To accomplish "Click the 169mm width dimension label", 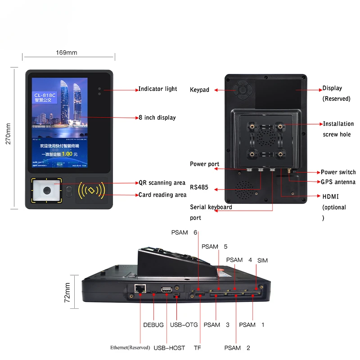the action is click(x=66, y=53).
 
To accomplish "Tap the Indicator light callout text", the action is click(x=157, y=89).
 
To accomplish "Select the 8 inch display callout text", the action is click(x=157, y=117).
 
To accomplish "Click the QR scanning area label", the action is click(x=162, y=183).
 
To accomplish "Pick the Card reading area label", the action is click(x=162, y=195).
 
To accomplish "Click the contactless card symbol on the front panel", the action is click(x=91, y=191).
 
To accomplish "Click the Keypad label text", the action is click(x=199, y=90).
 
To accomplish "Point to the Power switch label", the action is click(x=338, y=172).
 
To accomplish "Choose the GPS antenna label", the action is click(x=338, y=182).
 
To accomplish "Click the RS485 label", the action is click(x=199, y=187).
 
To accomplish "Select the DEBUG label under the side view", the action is click(x=153, y=325).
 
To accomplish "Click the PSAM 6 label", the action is click(x=184, y=233).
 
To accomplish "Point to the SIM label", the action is click(x=262, y=261).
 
